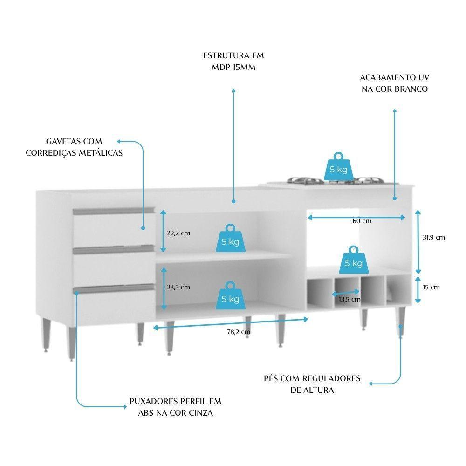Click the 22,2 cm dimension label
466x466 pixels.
(x=178, y=233)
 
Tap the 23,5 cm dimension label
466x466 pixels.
(x=178, y=287)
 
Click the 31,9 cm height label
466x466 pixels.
(x=433, y=237)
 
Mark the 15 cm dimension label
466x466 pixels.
(x=431, y=287)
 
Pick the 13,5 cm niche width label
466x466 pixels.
(x=350, y=299)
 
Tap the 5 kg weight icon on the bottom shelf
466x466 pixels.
(x=231, y=295)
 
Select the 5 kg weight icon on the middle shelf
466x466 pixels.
(x=231, y=239)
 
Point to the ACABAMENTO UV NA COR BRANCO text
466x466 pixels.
(x=394, y=82)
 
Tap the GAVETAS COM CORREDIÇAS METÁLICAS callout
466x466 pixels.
(x=74, y=147)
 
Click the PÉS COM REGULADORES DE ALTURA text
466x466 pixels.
(x=312, y=384)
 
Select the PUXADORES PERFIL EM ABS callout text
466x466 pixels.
(x=176, y=407)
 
